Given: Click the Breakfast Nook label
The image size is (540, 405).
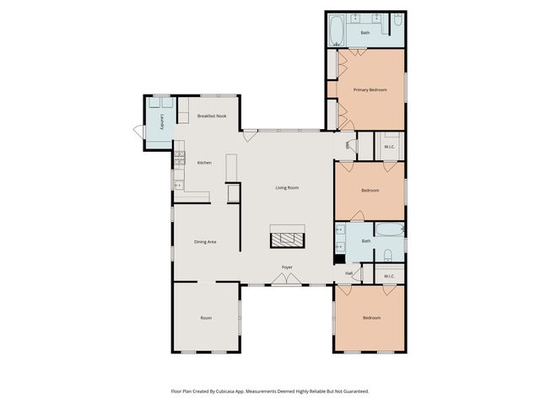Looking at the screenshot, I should click(211, 116).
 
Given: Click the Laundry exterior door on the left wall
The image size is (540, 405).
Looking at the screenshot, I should click(138, 129).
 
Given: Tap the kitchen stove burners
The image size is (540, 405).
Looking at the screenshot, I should click(179, 157).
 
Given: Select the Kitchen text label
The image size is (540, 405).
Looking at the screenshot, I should click(204, 163).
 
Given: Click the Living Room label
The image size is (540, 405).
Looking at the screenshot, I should click(287, 188).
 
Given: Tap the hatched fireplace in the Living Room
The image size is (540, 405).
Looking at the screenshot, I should click(287, 237).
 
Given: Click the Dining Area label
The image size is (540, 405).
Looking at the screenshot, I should click(206, 242).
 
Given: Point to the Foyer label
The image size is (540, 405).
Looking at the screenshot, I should click(287, 267).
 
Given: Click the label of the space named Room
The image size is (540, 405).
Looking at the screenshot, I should click(206, 318).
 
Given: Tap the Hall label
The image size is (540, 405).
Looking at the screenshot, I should click(348, 273).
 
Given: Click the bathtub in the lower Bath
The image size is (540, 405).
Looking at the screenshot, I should click(389, 229).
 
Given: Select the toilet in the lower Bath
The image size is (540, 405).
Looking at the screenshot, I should click(387, 255).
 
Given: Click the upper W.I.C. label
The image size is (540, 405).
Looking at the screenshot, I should click(389, 146).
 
